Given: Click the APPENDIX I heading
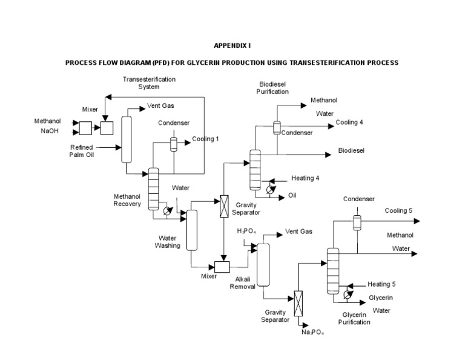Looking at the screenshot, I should point(232,45).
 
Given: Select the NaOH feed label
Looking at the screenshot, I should point(50,130).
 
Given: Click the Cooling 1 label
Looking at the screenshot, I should point(205,139).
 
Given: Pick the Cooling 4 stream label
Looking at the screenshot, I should point(349,122).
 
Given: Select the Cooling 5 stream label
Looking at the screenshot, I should point(398,210).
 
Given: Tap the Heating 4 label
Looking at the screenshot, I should point(305,178).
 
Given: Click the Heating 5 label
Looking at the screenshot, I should point(381,284).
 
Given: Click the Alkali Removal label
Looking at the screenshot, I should point(242,283).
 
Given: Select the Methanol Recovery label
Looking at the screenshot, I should point(127,200).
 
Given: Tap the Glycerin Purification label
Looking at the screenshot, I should point(355,319).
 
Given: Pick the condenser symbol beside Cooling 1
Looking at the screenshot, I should point(173,143).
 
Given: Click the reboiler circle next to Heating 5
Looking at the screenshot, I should point(346,294).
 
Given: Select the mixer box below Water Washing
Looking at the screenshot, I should point(222,266).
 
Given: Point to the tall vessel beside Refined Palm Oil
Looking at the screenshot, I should point(127,139).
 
